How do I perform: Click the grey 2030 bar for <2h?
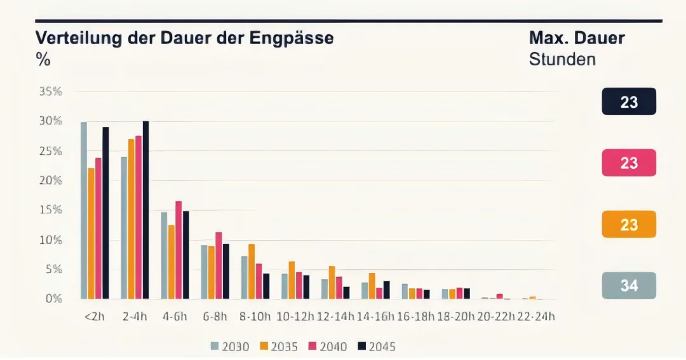tap(84, 210)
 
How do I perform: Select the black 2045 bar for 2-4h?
tap(145, 210)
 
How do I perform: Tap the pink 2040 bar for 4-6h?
tap(178, 250)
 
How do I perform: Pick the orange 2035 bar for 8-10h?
tap(252, 271)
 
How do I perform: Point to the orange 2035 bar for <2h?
tap(91, 233)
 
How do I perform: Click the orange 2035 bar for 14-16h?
tap(372, 286)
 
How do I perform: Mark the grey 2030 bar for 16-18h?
tap(405, 291)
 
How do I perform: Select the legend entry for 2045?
tap(376, 346)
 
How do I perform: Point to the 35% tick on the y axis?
tap(51, 91)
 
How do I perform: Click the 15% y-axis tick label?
tap(51, 210)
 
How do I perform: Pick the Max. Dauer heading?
tap(577, 37)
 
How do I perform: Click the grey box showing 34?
tap(629, 286)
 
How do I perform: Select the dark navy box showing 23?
tap(629, 102)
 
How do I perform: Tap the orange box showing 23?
tap(629, 224)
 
